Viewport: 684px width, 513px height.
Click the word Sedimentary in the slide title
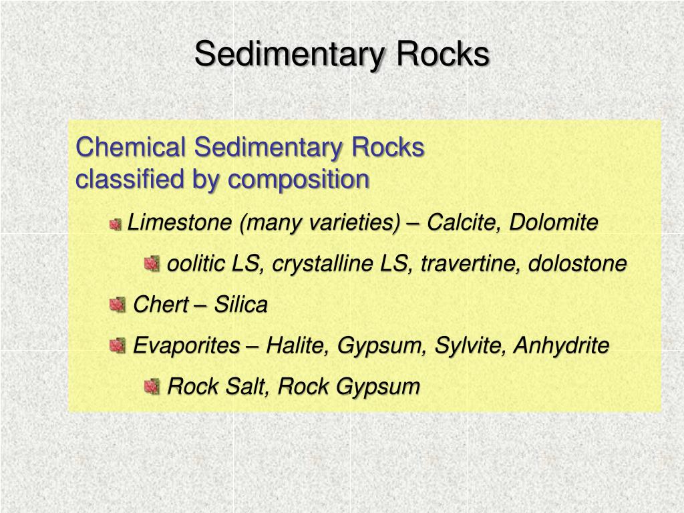(289, 55)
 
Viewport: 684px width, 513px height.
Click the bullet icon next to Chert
(117, 306)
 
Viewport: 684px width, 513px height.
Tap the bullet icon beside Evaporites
(117, 346)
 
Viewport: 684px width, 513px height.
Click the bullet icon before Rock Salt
(152, 386)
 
